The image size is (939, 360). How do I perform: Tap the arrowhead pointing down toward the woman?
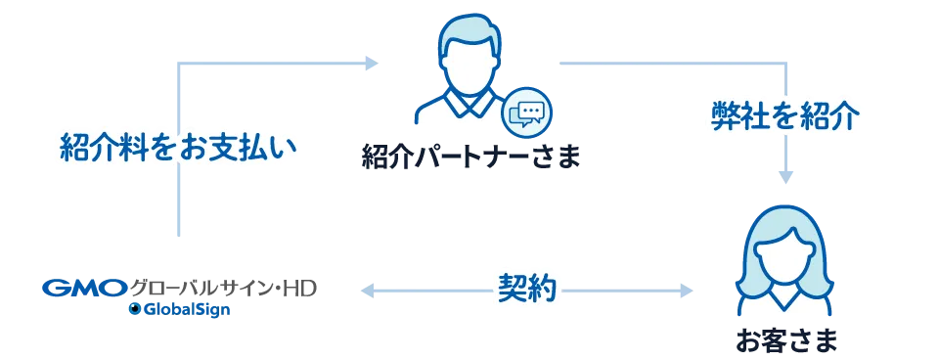tap(786, 178)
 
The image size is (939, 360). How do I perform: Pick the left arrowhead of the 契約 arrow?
tap(368, 289)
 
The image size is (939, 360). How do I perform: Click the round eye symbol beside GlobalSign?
tap(134, 310)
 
